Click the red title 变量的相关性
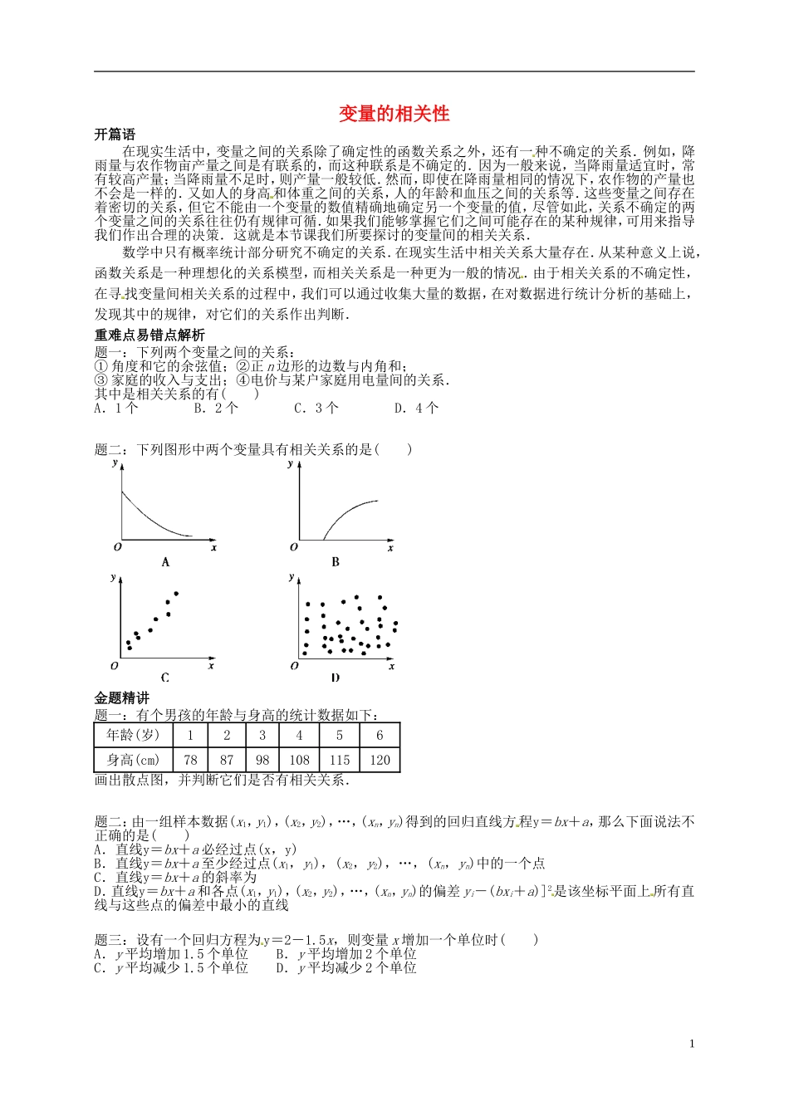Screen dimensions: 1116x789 point(394,114)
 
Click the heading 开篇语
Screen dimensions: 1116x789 point(115,135)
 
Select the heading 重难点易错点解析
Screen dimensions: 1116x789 point(149,335)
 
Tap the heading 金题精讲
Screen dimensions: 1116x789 point(122,698)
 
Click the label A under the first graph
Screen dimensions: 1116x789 point(165,562)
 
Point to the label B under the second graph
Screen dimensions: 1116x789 point(336,562)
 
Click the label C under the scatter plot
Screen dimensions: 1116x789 point(165,678)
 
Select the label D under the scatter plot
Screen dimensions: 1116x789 point(336,678)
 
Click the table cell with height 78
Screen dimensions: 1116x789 point(190,760)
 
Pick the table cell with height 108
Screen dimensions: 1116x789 point(299,760)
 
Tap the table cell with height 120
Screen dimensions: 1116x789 point(380,760)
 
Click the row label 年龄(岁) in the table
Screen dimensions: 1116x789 point(133,735)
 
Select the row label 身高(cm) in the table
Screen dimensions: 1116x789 point(133,760)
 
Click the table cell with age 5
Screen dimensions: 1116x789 point(339,735)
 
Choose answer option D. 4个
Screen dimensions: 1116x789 point(416,408)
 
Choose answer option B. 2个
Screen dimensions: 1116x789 point(216,408)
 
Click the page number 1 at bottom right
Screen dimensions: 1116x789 point(692,1044)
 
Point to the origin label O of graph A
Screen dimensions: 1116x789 point(118,547)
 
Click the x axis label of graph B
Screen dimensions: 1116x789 point(390,547)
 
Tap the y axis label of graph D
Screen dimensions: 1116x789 point(291,577)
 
